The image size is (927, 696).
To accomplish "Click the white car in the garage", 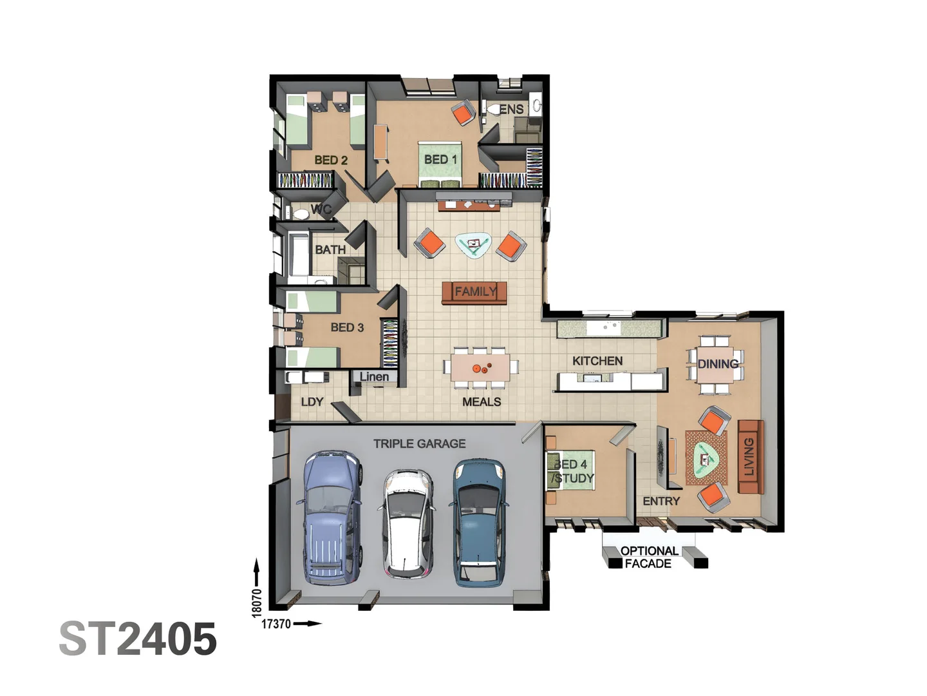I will click(x=408, y=523).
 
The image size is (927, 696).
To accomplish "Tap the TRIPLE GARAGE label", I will click(x=419, y=443).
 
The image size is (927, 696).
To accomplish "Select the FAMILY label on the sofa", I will click(x=475, y=291).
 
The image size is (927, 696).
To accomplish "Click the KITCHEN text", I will click(x=597, y=361).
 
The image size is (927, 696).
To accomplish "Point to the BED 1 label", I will click(x=440, y=159).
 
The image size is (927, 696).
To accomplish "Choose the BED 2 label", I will click(x=331, y=160).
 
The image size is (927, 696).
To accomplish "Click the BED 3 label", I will click(x=347, y=327).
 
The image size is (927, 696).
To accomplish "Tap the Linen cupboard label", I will click(x=374, y=376).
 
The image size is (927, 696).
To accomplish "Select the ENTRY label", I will click(x=661, y=501).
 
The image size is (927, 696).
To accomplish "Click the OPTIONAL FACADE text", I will click(x=649, y=557).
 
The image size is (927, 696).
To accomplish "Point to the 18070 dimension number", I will click(x=257, y=602).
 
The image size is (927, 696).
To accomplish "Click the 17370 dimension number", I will click(x=276, y=624).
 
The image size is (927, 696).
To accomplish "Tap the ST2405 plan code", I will click(x=138, y=639).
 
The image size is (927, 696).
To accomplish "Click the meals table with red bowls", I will click(x=480, y=369).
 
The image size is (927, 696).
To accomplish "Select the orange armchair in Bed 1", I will click(x=463, y=113).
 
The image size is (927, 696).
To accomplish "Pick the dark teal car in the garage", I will click(x=479, y=522).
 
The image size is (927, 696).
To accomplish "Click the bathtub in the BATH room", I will click(x=299, y=256).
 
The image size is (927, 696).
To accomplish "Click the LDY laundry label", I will click(x=312, y=401).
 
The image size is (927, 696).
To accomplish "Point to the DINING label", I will click(x=718, y=363).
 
